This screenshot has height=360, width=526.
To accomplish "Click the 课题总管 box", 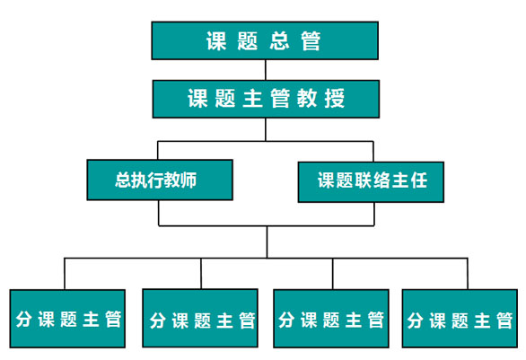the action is (265, 40).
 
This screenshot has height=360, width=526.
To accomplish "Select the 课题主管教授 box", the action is (266, 99).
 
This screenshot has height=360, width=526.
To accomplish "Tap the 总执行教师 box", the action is (160, 180).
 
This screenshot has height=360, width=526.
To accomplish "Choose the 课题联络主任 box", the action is (371, 182).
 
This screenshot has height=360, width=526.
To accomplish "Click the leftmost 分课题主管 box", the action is (67, 319).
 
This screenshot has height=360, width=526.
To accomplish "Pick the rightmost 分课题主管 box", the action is (460, 319).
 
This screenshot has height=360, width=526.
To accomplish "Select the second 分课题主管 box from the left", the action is (200, 318).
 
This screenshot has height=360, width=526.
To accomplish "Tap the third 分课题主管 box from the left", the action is (331, 319).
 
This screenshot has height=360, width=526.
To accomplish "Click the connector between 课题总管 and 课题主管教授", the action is (266, 70).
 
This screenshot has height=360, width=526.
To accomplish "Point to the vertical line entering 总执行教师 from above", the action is (158, 150).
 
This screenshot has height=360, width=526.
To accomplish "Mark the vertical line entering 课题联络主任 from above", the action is (373, 152).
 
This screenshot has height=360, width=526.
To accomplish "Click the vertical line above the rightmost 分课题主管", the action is (468, 274).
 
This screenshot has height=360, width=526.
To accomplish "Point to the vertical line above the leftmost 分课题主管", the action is (65, 274).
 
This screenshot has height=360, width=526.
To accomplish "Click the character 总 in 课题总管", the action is (279, 41).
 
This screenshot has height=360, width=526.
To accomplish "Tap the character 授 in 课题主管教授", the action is (335, 98).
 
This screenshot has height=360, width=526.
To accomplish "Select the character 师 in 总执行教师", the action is (188, 180).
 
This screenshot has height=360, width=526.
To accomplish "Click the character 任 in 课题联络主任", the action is (418, 180).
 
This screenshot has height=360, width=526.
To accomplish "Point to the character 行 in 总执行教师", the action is (155, 180).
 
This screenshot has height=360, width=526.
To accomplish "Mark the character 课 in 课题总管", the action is (216, 41).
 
